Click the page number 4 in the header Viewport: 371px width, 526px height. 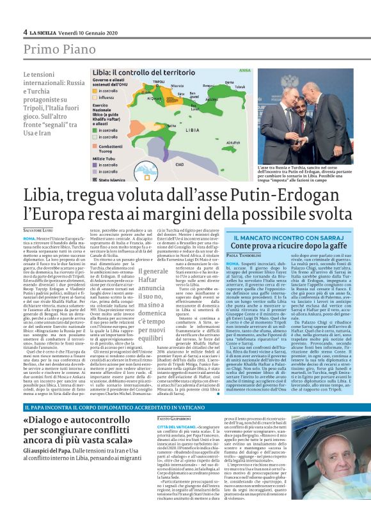(x=25, y=32)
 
